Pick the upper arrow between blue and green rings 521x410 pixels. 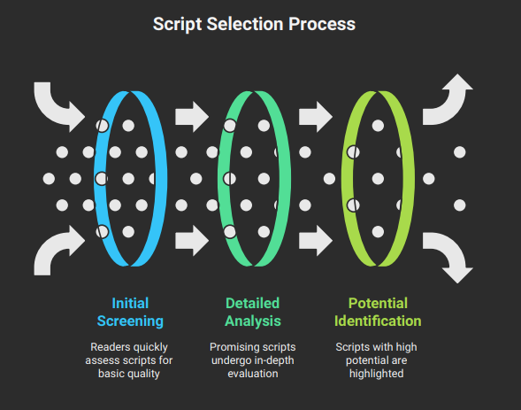191,116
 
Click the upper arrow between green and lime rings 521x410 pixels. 315,116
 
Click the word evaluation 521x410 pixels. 253,374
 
